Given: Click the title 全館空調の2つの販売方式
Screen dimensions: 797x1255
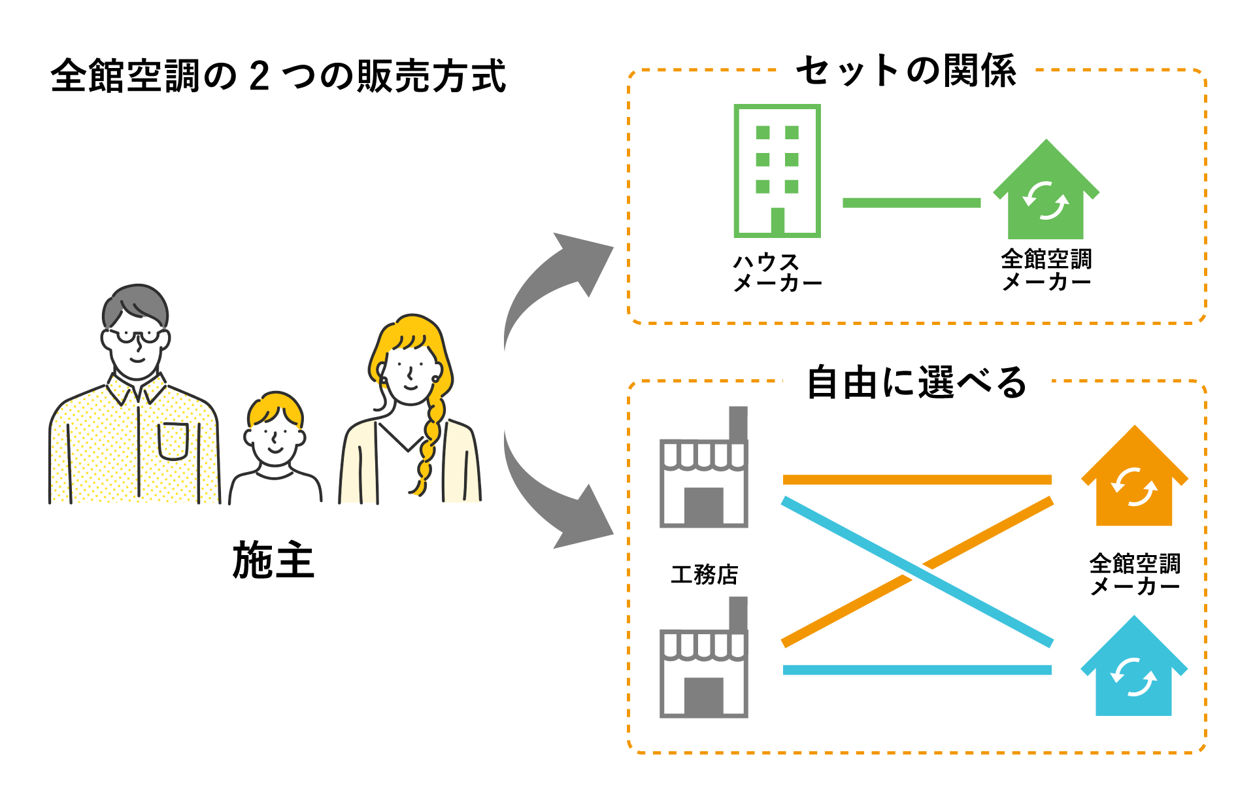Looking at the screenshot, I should (x=278, y=76).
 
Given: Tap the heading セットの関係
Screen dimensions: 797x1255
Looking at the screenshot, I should (x=905, y=71).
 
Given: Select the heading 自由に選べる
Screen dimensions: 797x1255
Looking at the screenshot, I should (x=916, y=382).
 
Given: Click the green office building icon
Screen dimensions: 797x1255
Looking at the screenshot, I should (x=777, y=171).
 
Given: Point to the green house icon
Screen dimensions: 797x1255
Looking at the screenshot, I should (x=1046, y=193).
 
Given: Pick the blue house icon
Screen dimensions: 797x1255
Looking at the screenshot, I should (x=1134, y=670).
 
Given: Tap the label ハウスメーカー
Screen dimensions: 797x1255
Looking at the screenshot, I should (x=777, y=272).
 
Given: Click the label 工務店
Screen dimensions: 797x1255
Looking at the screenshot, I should (x=704, y=575).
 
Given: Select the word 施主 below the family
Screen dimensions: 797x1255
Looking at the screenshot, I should (x=274, y=560).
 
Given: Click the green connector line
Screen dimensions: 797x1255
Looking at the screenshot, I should (x=911, y=203).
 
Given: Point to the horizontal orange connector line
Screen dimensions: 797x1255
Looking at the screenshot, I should (x=916, y=480).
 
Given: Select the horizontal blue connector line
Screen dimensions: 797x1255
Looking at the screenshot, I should (x=916, y=670).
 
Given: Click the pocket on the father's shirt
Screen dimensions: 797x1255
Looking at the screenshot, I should (x=173, y=441).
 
